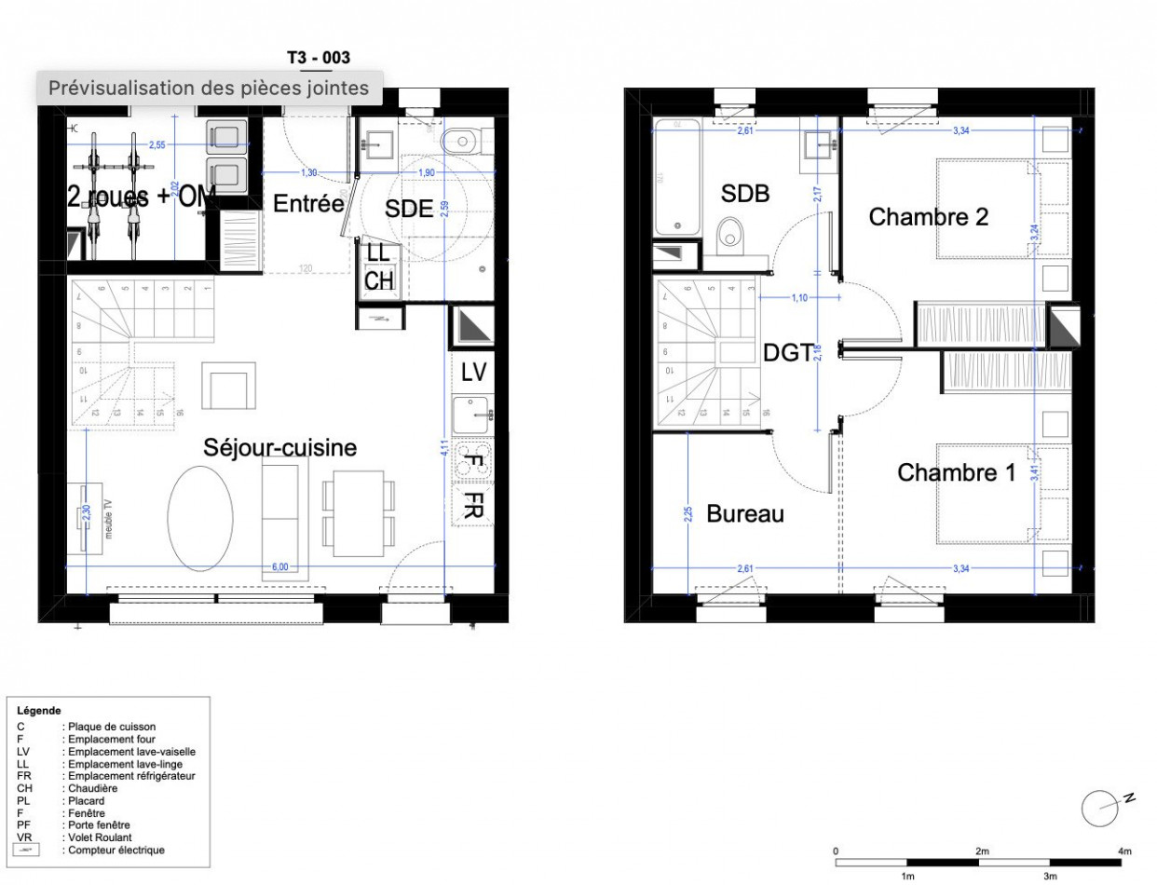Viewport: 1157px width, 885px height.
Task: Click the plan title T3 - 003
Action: click(319, 58)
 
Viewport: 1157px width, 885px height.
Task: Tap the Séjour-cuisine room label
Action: click(280, 449)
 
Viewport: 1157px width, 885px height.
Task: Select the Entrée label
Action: click(307, 204)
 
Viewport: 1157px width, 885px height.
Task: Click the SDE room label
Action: click(409, 210)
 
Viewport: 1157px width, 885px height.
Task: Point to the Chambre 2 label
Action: click(928, 218)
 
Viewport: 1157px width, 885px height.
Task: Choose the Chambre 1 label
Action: click(956, 473)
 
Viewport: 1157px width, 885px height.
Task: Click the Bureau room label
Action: click(745, 514)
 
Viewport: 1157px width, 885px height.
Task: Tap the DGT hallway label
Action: click(788, 352)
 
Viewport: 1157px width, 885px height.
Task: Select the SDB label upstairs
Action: click(745, 194)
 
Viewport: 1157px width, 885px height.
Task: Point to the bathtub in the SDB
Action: click(677, 177)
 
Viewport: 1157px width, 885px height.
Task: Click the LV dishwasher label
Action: click(473, 372)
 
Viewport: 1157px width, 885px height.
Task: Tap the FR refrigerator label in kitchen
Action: click(473, 507)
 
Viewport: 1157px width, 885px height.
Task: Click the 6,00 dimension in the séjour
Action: click(279, 565)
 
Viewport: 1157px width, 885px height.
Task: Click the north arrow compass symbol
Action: click(1100, 808)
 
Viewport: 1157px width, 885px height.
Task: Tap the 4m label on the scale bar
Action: click(1124, 851)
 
